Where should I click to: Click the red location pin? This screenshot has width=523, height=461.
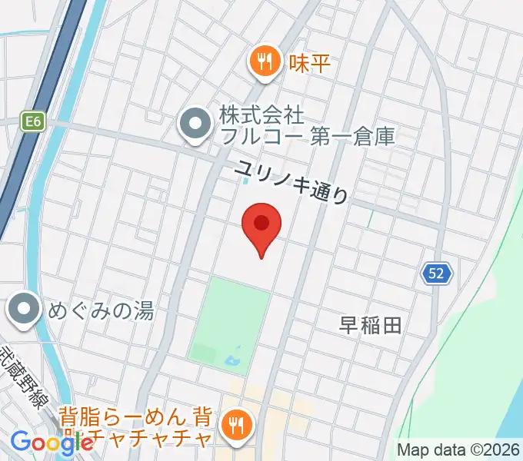(261, 227)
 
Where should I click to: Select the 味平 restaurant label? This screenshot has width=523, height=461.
(309, 63)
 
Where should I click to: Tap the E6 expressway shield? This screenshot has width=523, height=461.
(32, 121)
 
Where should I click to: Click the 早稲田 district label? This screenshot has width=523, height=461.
(371, 325)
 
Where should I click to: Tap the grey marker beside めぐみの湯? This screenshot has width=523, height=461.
(25, 310)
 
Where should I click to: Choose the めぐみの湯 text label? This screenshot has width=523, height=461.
(101, 310)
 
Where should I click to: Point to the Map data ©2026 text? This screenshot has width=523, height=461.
(459, 449)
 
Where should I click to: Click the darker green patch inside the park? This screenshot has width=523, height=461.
(204, 354)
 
